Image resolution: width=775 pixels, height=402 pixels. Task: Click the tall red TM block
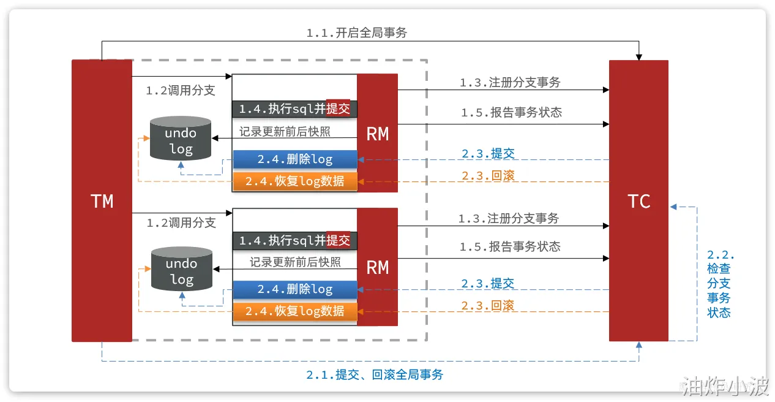click(102, 201)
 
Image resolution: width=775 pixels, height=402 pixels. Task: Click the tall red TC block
click(638, 201)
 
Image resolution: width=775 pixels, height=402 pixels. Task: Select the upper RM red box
click(377, 133)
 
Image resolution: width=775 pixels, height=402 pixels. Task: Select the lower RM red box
click(377, 267)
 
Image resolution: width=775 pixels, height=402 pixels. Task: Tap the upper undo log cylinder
click(181, 138)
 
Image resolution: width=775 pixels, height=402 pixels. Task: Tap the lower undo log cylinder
click(182, 268)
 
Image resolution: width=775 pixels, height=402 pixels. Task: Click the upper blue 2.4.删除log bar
click(295, 159)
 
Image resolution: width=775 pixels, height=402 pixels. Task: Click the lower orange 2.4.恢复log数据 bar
click(295, 311)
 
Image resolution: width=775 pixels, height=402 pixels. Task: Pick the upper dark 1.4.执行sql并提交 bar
click(294, 109)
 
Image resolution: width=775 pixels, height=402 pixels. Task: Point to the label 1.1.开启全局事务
click(357, 33)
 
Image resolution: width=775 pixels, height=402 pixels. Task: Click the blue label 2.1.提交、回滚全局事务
click(375, 374)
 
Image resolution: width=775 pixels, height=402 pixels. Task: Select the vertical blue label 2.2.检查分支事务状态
click(721, 284)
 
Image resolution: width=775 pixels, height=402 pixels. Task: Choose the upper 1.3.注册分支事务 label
click(510, 82)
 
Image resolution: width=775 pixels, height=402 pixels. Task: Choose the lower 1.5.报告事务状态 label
click(510, 246)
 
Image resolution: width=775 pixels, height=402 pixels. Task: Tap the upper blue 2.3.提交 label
click(488, 153)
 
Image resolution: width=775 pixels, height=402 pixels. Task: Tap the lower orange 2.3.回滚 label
click(488, 306)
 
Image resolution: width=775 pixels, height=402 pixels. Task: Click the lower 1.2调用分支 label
click(181, 222)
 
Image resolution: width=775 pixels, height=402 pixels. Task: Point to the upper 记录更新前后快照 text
click(285, 132)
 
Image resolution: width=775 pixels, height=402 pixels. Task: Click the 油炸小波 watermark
click(724, 385)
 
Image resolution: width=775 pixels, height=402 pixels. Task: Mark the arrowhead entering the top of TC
click(638, 57)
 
